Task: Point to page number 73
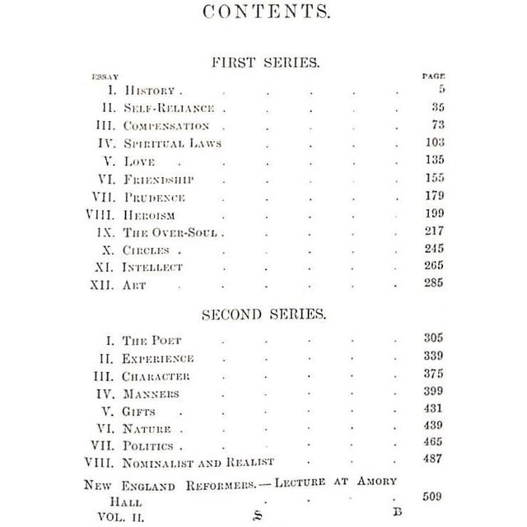tap(436, 125)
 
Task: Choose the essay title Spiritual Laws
tap(173, 143)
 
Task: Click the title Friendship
tap(158, 179)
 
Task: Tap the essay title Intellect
tap(152, 268)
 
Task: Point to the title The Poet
tap(152, 340)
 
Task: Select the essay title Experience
tap(158, 359)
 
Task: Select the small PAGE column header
tap(433, 76)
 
